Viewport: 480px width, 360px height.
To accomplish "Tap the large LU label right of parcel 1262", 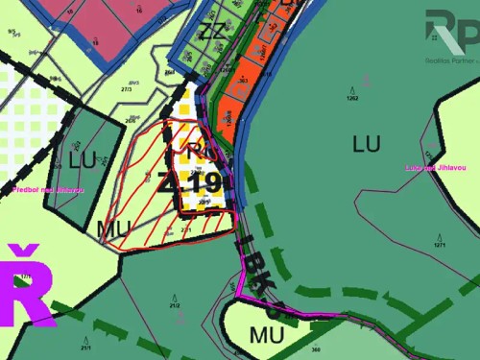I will click(367, 144).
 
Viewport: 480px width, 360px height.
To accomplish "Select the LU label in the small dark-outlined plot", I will click(82, 159).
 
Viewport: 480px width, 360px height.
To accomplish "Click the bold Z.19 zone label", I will click(196, 182).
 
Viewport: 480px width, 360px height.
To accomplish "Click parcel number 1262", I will click(351, 98).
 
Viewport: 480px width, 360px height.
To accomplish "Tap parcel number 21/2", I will click(175, 306).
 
